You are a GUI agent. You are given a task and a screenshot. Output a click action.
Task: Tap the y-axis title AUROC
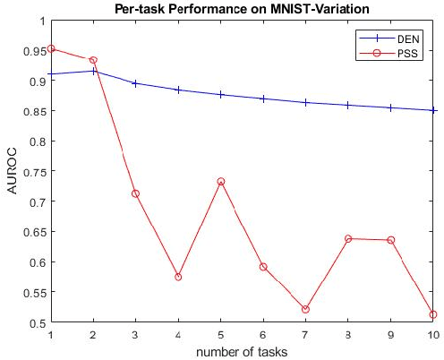click(x=12, y=171)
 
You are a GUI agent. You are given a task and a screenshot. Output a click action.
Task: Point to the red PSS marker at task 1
click(x=51, y=48)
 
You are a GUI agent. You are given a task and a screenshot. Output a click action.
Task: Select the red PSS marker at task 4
click(x=178, y=277)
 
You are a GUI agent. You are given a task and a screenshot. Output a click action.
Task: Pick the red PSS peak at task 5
click(x=221, y=182)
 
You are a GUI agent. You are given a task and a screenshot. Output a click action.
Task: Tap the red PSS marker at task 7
click(x=306, y=309)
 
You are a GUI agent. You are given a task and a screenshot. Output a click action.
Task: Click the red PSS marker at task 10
click(x=433, y=314)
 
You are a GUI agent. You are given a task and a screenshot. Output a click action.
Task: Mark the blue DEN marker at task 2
click(x=93, y=71)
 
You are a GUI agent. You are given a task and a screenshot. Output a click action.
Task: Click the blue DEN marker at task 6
click(x=263, y=99)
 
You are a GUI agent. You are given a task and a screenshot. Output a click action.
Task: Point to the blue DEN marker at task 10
click(x=433, y=110)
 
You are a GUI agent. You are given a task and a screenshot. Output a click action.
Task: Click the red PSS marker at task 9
click(x=391, y=240)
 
